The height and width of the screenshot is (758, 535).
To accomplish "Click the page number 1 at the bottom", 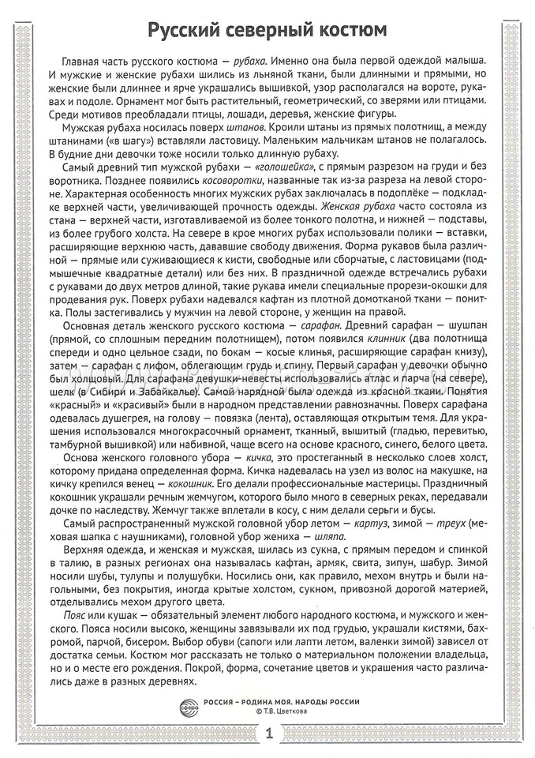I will point(267,734).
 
